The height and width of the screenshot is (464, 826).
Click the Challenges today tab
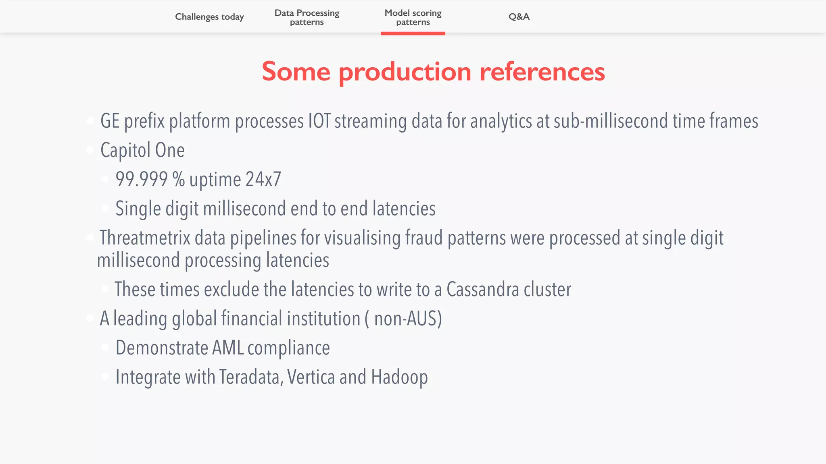pyautogui.click(x=209, y=17)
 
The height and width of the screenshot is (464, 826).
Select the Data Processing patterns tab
pyautogui.click(x=307, y=17)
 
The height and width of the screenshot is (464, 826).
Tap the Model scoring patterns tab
pyautogui.click(x=413, y=17)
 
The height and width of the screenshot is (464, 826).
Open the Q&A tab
pyautogui.click(x=519, y=17)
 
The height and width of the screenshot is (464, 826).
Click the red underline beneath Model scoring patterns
pyautogui.click(x=413, y=33)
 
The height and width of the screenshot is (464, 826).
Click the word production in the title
pyautogui.click(x=405, y=72)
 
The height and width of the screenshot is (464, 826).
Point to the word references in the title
pyautogui.click(x=542, y=71)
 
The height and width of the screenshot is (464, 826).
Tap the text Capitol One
pyautogui.click(x=142, y=150)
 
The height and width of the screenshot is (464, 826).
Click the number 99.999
pyautogui.click(x=142, y=179)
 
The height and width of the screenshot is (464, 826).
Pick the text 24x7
pyautogui.click(x=263, y=179)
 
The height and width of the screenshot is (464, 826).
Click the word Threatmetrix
pyautogui.click(x=145, y=238)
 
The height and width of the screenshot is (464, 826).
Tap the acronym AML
pyautogui.click(x=227, y=348)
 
